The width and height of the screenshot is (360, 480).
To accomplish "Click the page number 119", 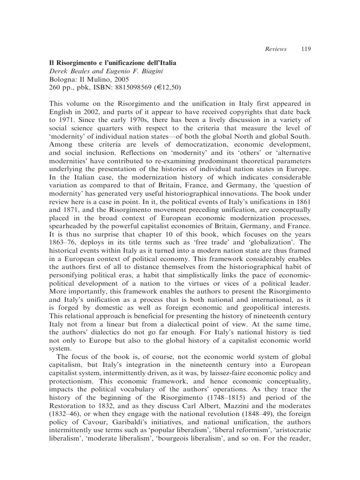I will pos(306,49).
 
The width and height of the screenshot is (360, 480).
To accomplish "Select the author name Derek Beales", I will pos(69,71).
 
